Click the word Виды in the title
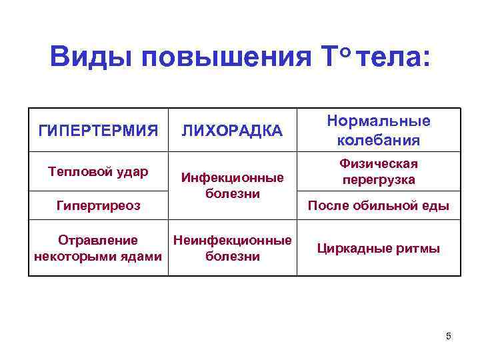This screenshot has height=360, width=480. [x=89, y=58]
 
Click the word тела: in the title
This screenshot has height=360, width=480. [x=394, y=58]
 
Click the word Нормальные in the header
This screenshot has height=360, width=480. [x=378, y=121]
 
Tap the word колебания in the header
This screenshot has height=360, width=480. [x=378, y=140]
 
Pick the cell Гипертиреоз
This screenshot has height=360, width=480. [x=98, y=205]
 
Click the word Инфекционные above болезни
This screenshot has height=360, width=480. [x=232, y=178]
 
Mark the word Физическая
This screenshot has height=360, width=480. [x=378, y=163]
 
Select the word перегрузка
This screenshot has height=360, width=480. [x=378, y=179]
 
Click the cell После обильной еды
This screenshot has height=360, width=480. [x=378, y=206]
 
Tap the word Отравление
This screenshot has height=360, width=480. [x=98, y=240]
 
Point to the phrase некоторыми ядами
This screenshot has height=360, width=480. [x=98, y=256]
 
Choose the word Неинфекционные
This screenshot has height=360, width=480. [x=232, y=240]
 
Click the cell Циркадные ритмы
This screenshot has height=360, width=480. [x=378, y=249]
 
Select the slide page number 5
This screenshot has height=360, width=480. [x=449, y=336]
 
